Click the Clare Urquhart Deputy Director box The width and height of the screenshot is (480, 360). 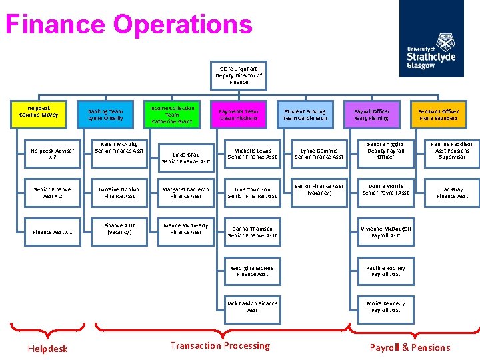(239, 75)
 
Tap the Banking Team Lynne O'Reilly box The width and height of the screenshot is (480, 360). (105, 115)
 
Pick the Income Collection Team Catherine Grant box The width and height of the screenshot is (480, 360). (172, 115)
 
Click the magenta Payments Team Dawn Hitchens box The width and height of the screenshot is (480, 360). (239, 115)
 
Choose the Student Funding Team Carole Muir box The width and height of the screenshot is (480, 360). (305, 115)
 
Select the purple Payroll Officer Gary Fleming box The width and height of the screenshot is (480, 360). (371, 115)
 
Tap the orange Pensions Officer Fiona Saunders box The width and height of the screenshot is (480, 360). (438, 115)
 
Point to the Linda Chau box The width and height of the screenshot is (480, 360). (185, 157)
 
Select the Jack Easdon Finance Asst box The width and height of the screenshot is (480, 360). (252, 307)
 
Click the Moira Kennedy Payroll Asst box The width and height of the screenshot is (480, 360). (385, 307)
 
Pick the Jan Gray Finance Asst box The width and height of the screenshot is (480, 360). (452, 193)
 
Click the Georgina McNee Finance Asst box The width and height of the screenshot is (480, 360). (252, 271)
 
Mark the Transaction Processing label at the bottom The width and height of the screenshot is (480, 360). (220, 345)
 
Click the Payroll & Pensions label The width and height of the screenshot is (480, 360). (410, 347)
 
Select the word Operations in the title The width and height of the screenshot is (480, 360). (183, 25)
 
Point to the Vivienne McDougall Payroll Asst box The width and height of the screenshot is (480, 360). (385, 232)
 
